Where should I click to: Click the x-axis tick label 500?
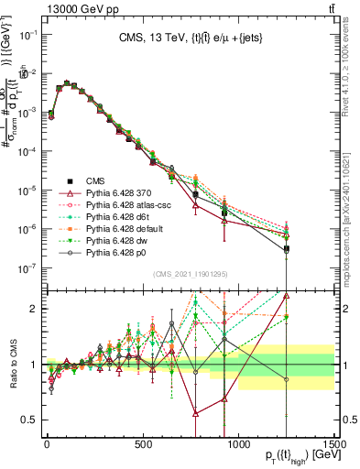(x=143, y=444)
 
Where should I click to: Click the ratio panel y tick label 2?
(x=33, y=309)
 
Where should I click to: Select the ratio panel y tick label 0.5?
(x=29, y=420)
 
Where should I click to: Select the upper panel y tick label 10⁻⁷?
(x=27, y=268)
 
